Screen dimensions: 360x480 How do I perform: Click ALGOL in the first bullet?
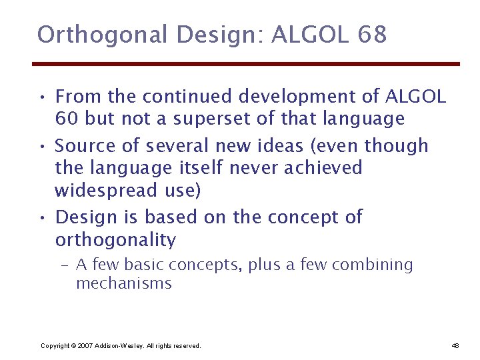coord(415,97)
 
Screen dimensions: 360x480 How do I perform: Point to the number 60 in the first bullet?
coord(65,119)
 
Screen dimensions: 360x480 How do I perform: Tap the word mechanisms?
coord(124,283)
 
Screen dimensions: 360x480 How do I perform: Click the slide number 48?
coord(455,346)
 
